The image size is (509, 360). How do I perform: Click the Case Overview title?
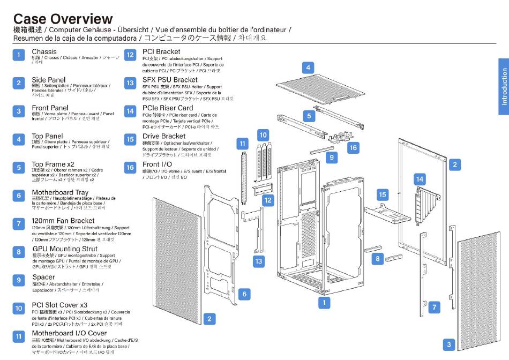click(63, 19)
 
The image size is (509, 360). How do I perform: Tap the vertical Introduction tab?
click(504, 86)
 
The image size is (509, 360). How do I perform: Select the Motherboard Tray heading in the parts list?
click(60, 192)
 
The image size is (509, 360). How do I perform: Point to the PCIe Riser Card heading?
click(168, 108)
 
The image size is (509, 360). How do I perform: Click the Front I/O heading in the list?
click(158, 164)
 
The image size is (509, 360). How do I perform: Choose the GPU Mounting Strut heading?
click(65, 249)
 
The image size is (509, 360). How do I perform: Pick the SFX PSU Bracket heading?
click(170, 80)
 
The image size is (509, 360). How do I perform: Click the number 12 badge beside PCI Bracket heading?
click(130, 55)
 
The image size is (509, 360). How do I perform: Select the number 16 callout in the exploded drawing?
click(353, 147)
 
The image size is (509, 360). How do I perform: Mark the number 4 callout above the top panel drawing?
click(308, 67)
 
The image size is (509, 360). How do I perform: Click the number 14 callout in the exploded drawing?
click(420, 179)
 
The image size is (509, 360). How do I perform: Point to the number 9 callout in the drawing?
click(332, 157)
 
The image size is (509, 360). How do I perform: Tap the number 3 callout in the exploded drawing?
click(449, 344)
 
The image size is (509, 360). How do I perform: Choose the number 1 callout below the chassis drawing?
click(324, 303)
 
